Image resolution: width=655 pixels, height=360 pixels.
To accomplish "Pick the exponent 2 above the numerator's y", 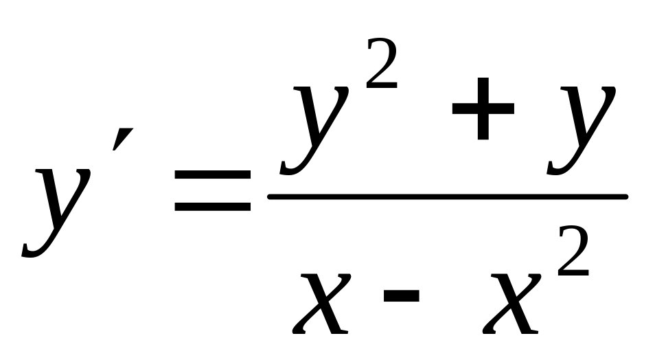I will click(381, 65).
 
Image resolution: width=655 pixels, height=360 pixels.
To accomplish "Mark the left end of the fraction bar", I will click(270, 197).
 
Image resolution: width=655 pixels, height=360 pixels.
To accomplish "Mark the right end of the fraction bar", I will click(625, 197).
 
